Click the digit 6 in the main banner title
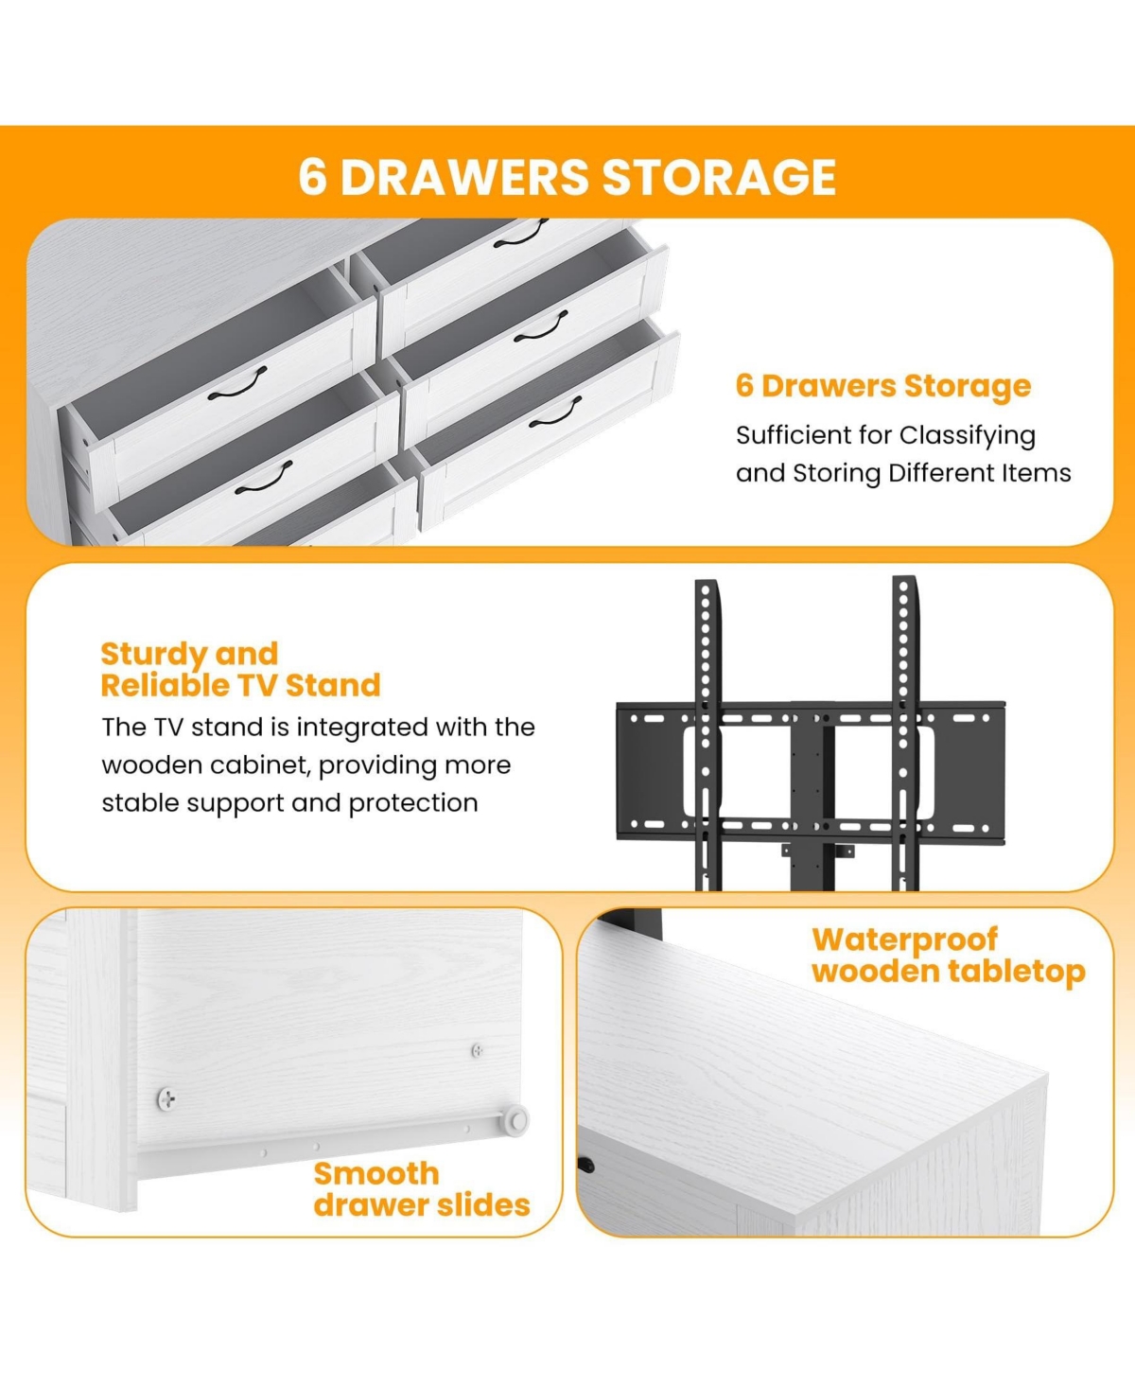coord(312,177)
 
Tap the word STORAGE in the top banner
coord(719,177)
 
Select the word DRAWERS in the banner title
coord(464,177)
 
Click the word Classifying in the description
coord(967,436)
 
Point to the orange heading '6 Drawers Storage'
coord(883,385)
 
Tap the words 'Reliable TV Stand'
coord(240,685)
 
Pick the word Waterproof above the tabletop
coord(905,940)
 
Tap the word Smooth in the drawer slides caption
coord(376,1174)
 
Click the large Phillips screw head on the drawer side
coord(166,1098)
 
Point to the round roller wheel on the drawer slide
coord(515,1119)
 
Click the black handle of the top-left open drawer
coord(237,383)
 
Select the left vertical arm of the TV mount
coord(707,734)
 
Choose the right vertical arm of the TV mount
coord(905,733)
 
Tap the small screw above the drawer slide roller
coord(478,1050)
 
